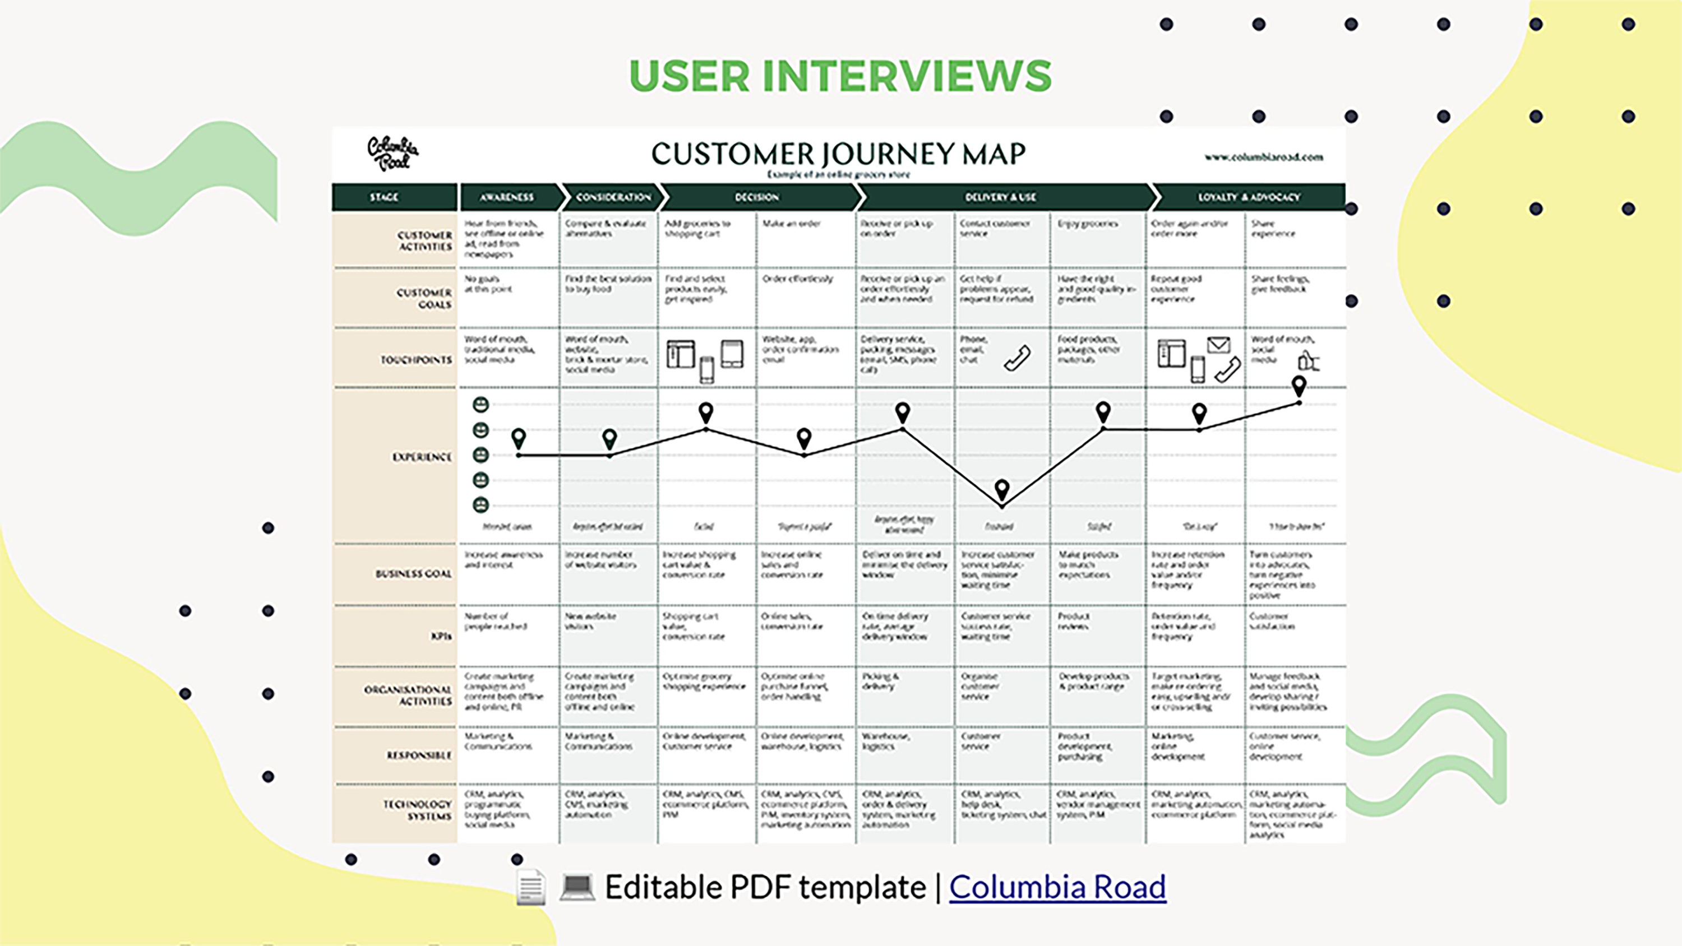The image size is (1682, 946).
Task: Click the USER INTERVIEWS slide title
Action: pos(840,76)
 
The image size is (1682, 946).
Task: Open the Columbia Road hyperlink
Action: pos(1057,887)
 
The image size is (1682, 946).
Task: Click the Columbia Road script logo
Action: pos(392,154)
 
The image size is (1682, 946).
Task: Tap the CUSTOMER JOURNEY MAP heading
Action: pos(838,154)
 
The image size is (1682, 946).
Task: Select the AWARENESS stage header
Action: pos(507,197)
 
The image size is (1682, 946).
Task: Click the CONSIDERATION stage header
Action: pos(613,197)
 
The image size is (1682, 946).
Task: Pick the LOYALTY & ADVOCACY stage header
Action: pos(1249,197)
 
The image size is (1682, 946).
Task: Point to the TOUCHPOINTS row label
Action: pos(416,360)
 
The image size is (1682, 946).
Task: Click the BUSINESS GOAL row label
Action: pos(413,574)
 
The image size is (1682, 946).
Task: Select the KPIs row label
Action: pos(441,636)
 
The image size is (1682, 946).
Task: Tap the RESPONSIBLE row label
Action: pos(419,755)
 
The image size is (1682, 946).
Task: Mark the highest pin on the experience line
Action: pos(1299,386)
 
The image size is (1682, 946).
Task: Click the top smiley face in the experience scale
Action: pos(480,405)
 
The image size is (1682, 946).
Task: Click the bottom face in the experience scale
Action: pos(480,504)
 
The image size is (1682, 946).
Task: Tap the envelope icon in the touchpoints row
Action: pos(1218,345)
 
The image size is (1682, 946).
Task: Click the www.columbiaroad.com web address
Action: pos(1263,157)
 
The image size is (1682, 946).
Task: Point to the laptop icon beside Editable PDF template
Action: pos(577,887)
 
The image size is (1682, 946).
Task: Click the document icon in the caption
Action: pos(530,887)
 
